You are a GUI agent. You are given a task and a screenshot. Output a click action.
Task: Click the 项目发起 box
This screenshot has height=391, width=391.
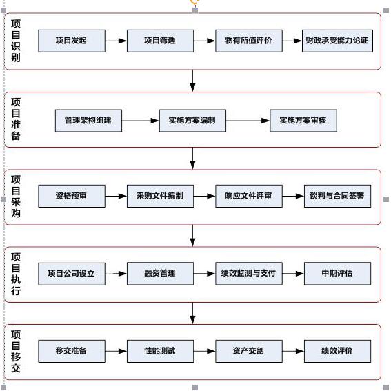[72, 41]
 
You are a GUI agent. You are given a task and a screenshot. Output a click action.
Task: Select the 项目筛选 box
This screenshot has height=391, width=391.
[160, 41]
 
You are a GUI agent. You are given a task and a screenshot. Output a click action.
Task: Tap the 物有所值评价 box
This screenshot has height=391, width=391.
[249, 41]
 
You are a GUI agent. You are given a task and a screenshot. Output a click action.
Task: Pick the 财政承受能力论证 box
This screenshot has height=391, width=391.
[337, 41]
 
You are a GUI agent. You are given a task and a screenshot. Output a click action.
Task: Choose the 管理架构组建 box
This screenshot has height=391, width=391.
[88, 121]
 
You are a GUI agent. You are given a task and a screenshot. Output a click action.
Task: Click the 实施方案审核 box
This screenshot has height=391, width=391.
[303, 121]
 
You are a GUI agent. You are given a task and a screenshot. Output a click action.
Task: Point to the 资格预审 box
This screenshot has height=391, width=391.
[72, 196]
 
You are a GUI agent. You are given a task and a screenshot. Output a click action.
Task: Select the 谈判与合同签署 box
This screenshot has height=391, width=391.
[337, 196]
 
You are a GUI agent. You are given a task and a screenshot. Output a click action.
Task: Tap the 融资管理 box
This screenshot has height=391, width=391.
[160, 274]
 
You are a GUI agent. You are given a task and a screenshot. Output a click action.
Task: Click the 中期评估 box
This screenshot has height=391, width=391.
[337, 274]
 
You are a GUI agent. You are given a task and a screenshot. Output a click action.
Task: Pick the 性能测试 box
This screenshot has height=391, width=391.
[160, 351]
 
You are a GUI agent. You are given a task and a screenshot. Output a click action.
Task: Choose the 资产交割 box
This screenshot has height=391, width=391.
[249, 351]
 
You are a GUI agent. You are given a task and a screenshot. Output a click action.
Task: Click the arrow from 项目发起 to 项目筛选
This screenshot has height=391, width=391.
[116, 41]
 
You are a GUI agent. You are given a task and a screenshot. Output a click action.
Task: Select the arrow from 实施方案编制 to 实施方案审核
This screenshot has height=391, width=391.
[248, 121]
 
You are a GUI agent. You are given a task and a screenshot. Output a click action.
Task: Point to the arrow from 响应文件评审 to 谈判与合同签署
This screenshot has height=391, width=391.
[293, 197]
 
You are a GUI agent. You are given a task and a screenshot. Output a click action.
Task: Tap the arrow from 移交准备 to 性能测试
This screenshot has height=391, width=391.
[116, 352]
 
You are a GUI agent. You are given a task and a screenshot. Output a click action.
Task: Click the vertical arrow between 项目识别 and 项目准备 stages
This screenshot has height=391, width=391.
[192, 81]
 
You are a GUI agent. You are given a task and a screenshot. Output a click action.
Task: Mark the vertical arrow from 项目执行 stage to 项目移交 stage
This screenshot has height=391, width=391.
[192, 313]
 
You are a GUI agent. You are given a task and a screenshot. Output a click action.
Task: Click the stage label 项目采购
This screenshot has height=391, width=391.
[16, 197]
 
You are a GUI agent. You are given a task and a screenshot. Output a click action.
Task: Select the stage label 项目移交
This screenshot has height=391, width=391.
[16, 352]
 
